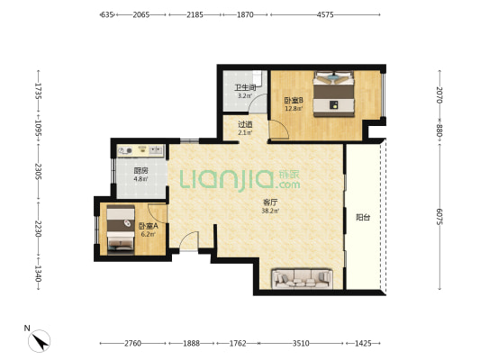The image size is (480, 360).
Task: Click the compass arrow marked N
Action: pyautogui.click(x=41, y=342)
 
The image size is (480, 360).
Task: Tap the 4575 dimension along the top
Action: pyautogui.click(x=325, y=14)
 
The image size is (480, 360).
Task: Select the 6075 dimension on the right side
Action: pyautogui.click(x=439, y=217)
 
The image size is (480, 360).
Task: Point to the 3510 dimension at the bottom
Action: pyautogui.click(x=301, y=344)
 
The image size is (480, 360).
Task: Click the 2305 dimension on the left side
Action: pyautogui.click(x=38, y=172)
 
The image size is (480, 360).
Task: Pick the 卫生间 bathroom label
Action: pyautogui.click(x=245, y=87)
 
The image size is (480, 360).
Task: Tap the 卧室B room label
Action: pyautogui.click(x=294, y=100)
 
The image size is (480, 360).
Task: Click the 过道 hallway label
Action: pyautogui.click(x=245, y=124)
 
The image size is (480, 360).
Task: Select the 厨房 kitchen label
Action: pyautogui.click(x=140, y=171)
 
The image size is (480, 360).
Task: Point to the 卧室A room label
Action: pyautogui.click(x=149, y=226)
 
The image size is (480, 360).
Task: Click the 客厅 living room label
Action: pyautogui.click(x=270, y=202)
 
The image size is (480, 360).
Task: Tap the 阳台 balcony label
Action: pyautogui.click(x=363, y=218)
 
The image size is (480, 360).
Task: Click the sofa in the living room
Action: pyautogui.click(x=303, y=278)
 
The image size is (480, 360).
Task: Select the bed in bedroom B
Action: pyautogui.click(x=333, y=94)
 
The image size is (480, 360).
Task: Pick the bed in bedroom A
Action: pyautogui.click(x=121, y=230)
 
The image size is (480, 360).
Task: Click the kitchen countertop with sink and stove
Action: pyautogui.click(x=140, y=151)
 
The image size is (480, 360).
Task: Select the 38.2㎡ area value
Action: pyautogui.click(x=270, y=211)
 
